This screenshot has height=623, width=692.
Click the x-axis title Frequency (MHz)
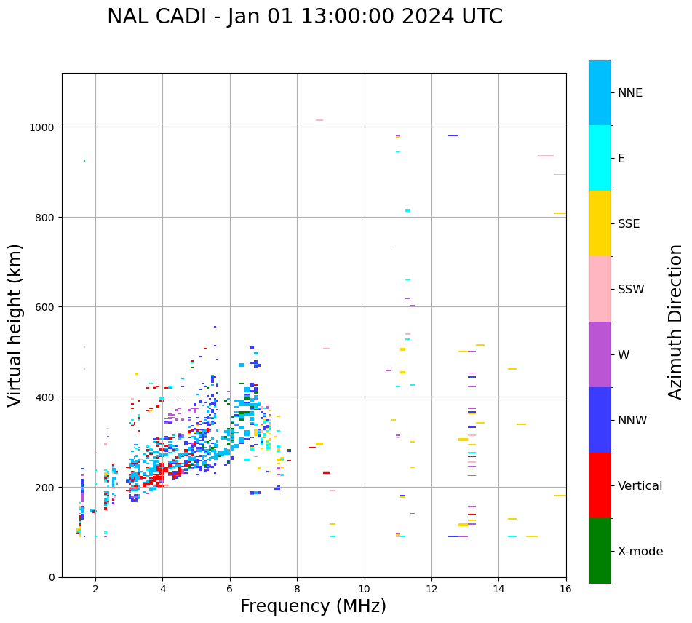pyautogui.click(x=313, y=606)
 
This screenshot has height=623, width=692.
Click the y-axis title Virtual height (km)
pyautogui.click(x=15, y=325)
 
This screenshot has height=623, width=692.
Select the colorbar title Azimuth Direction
pyautogui.click(x=676, y=322)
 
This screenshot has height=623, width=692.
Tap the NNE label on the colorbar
pyautogui.click(x=630, y=92)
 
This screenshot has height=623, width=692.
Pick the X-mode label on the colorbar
pyautogui.click(x=640, y=552)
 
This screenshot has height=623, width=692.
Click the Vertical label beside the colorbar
pyautogui.click(x=640, y=486)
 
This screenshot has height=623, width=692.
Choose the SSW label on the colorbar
pyautogui.click(x=631, y=290)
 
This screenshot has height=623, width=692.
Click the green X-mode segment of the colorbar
pyautogui.click(x=600, y=551)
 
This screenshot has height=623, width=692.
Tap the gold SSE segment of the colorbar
pyautogui.click(x=600, y=223)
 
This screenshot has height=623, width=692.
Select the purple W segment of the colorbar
pyautogui.click(x=600, y=354)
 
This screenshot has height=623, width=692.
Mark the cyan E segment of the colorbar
pyautogui.click(x=600, y=158)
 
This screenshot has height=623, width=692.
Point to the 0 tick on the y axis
pyautogui.click(x=52, y=577)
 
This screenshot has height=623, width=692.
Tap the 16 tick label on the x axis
pyautogui.click(x=566, y=590)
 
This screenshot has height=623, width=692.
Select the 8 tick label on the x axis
pyautogui.click(x=297, y=590)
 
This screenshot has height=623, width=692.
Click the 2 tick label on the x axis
pyautogui.click(x=95, y=590)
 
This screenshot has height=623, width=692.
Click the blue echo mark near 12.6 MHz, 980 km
pyautogui.click(x=453, y=135)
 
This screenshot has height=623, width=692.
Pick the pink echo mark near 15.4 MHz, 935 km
pyautogui.click(x=546, y=156)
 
